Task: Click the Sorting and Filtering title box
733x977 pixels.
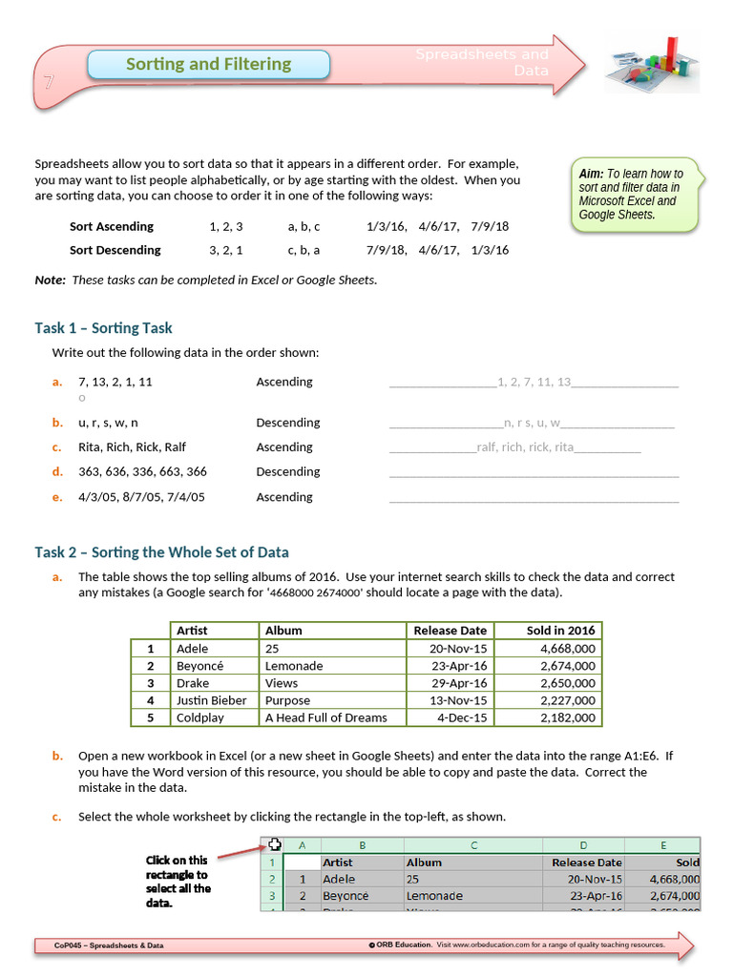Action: click(x=208, y=65)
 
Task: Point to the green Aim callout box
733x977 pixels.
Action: click(x=635, y=195)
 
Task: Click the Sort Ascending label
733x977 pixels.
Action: click(x=111, y=227)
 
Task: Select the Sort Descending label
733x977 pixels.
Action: click(x=115, y=250)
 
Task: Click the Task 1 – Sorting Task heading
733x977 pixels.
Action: click(x=103, y=328)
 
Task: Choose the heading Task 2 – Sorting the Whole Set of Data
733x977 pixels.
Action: click(x=161, y=552)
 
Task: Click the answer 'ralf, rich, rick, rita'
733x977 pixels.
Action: click(x=525, y=447)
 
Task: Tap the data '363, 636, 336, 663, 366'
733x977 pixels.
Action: click(x=142, y=471)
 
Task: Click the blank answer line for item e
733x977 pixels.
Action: click(x=534, y=498)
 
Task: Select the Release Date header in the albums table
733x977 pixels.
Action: click(x=450, y=631)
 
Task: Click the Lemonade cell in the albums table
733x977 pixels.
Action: click(x=294, y=666)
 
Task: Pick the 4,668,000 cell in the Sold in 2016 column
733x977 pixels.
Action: click(x=567, y=649)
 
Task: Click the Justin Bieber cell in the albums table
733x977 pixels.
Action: click(x=211, y=700)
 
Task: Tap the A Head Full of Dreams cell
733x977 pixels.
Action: click(x=325, y=717)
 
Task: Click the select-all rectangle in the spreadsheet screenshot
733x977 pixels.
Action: click(x=274, y=844)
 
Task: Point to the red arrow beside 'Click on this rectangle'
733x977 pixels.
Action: click(x=239, y=852)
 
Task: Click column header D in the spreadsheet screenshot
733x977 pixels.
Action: click(x=583, y=845)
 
